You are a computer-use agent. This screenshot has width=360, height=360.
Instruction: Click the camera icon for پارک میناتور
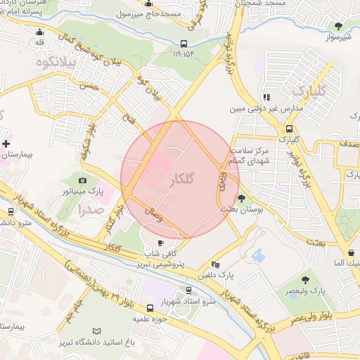click(x=82, y=181)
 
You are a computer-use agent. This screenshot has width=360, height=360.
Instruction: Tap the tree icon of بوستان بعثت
click(x=242, y=199)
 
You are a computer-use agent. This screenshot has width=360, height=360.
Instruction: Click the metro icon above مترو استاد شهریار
click(x=188, y=290)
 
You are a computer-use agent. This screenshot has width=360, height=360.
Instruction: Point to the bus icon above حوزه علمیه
click(x=150, y=308)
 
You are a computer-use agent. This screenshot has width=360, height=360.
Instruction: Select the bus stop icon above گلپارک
click(x=288, y=129)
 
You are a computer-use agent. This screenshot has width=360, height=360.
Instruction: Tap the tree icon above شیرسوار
click(x=339, y=26)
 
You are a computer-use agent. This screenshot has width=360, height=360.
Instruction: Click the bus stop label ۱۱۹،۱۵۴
click(x=184, y=53)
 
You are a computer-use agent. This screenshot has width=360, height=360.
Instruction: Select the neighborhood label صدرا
click(x=91, y=209)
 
